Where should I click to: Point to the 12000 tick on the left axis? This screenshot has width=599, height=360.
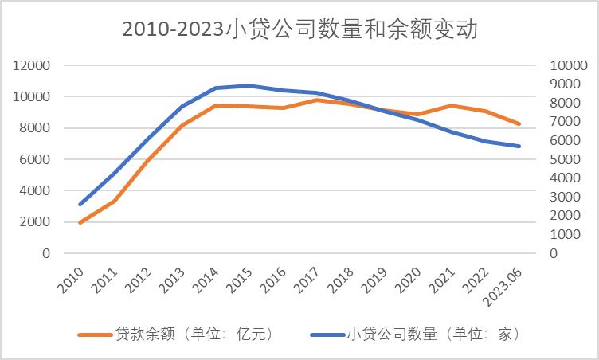coord(33,65)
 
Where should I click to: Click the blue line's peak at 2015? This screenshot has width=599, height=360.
coord(249,85)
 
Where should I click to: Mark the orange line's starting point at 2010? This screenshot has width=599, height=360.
coord(80,223)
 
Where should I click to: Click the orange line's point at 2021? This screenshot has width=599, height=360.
coord(452,105)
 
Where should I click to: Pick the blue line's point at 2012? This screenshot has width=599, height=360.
coord(147,139)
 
